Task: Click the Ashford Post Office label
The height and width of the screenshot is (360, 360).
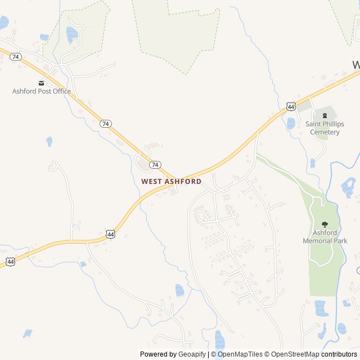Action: click(x=42, y=91)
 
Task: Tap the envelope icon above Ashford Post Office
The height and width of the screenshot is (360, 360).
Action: click(x=41, y=83)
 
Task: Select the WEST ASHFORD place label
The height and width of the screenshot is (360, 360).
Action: click(x=171, y=182)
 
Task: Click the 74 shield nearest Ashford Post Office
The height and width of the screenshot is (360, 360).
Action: click(x=16, y=57)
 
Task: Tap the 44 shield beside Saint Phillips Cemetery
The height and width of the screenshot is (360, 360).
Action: click(x=290, y=106)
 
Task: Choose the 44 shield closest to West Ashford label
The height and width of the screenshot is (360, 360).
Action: click(x=110, y=233)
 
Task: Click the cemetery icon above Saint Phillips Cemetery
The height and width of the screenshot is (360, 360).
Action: click(x=325, y=115)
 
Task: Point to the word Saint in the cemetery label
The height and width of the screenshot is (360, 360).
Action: click(x=315, y=124)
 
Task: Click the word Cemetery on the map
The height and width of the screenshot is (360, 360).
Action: click(x=325, y=132)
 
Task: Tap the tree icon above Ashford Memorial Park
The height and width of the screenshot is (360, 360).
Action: click(x=325, y=224)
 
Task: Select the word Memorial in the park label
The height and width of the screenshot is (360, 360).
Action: click(x=318, y=241)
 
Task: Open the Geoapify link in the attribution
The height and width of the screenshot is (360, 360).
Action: click(x=192, y=354)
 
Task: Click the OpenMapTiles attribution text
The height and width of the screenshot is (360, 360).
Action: click(x=240, y=354)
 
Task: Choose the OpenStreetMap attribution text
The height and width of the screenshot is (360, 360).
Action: click(x=292, y=354)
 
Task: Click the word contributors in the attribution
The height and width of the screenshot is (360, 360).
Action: click(x=339, y=354)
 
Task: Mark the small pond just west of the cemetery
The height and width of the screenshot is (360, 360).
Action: click(x=291, y=123)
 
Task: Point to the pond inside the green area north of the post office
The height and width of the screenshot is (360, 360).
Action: click(x=71, y=35)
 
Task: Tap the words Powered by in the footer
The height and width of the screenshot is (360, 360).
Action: click(x=158, y=354)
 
